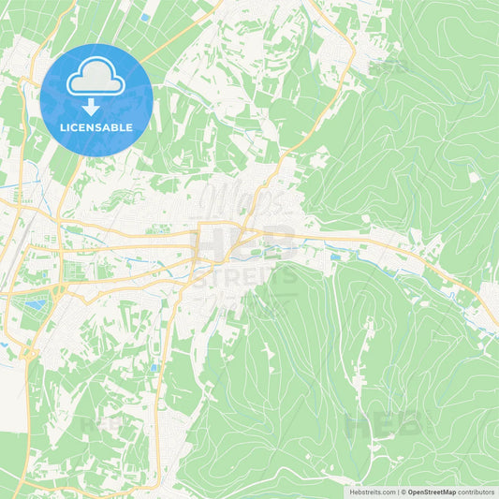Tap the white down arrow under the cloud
95,105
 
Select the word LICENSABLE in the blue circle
95,127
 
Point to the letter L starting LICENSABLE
62,127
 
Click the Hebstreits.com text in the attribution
372,492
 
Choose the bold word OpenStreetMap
433,492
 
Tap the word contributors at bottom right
477,492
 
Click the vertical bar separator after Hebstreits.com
397,492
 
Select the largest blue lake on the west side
35,303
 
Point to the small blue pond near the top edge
145,17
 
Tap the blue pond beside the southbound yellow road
154,368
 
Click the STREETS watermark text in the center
248,276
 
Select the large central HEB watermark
248,242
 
